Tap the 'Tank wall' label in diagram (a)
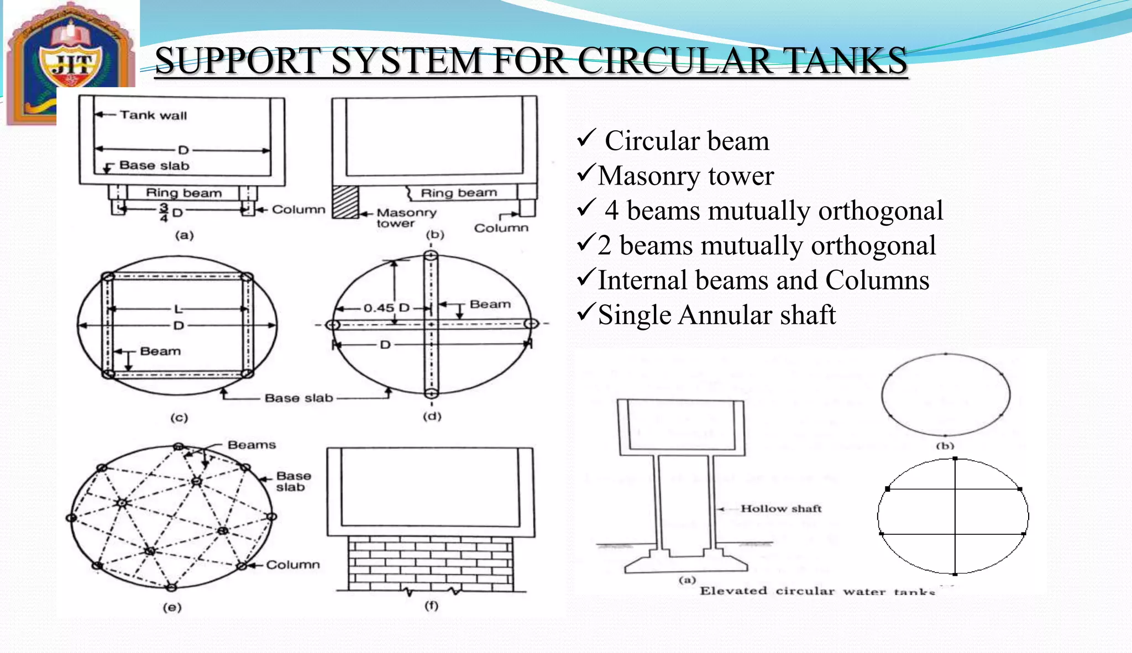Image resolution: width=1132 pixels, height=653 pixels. point(153,115)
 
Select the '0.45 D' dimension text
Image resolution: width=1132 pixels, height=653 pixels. point(386,308)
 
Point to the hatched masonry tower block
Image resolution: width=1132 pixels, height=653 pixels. point(345,202)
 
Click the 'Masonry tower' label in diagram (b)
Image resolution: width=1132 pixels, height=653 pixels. point(406,218)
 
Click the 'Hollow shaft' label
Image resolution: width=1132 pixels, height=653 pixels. point(780,508)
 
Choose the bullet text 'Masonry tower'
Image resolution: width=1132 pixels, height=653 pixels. point(685,176)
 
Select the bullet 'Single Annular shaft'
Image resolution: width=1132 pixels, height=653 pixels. point(716,315)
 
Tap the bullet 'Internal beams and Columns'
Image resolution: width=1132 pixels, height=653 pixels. point(763,280)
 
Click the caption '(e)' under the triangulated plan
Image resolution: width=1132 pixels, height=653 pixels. point(172,607)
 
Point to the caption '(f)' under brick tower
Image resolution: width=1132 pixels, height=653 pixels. point(431,605)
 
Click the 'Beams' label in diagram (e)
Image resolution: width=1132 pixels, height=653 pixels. point(251,445)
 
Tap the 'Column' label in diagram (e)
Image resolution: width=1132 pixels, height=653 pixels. point(293,565)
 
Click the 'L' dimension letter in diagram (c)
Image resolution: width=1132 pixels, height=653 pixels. point(177,309)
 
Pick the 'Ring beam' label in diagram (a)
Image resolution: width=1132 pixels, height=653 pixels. point(184,193)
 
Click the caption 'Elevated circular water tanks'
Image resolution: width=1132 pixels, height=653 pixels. point(817,591)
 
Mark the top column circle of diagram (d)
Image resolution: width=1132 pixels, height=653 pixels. point(431,256)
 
